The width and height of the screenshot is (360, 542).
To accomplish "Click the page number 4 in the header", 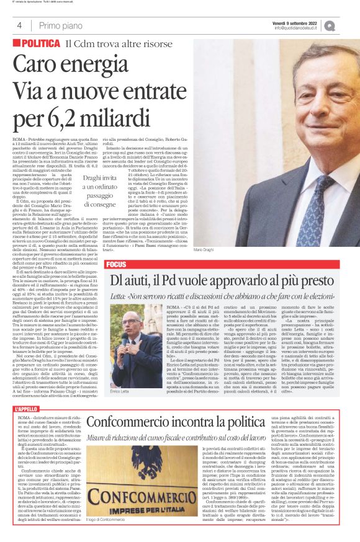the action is pos(20,25).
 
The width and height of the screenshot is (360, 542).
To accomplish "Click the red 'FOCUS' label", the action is pos(116,264).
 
